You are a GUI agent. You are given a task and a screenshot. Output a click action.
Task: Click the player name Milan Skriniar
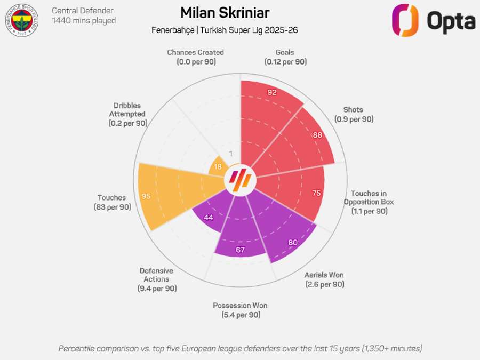(x=225, y=13)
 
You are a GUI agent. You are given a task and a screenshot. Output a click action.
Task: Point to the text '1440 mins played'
(x=84, y=21)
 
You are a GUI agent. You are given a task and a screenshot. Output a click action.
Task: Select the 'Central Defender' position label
(x=82, y=10)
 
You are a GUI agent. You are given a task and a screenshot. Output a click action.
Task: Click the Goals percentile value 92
(x=272, y=92)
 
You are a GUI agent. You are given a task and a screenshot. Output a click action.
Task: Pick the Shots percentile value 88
(x=317, y=135)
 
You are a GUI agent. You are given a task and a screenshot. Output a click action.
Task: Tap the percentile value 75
(x=316, y=193)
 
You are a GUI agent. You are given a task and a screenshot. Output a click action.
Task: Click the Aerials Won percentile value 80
(x=293, y=242)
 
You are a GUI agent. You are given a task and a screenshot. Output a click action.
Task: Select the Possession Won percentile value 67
(x=240, y=250)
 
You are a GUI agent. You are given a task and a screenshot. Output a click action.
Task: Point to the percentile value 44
(x=209, y=218)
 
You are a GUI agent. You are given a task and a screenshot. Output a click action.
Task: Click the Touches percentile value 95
(x=146, y=196)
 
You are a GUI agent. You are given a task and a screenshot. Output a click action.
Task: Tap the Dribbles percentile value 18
(x=218, y=166)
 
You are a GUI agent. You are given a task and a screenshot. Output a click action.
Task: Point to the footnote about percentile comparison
(x=240, y=348)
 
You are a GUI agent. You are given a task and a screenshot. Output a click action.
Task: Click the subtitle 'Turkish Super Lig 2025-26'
(x=249, y=30)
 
